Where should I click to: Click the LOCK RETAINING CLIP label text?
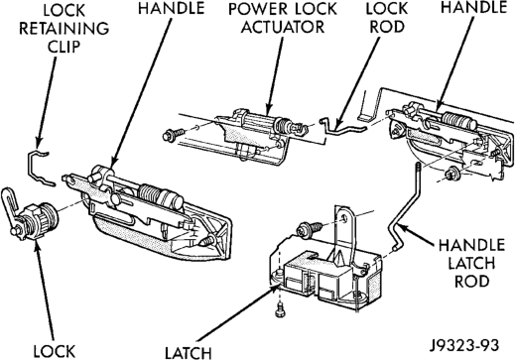(x=64, y=29)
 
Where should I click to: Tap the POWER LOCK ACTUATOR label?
(x=283, y=18)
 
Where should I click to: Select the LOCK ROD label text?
(x=387, y=18)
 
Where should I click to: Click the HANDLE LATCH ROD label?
(x=471, y=264)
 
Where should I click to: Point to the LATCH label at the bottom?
(x=189, y=353)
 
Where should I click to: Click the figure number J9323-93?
(x=464, y=345)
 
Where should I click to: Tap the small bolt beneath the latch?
(x=280, y=309)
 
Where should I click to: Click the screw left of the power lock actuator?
(x=174, y=134)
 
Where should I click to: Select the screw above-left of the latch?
(x=310, y=228)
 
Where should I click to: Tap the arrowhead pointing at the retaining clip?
(x=39, y=143)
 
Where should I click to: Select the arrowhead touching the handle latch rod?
(x=404, y=228)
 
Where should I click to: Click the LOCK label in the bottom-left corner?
(x=55, y=352)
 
